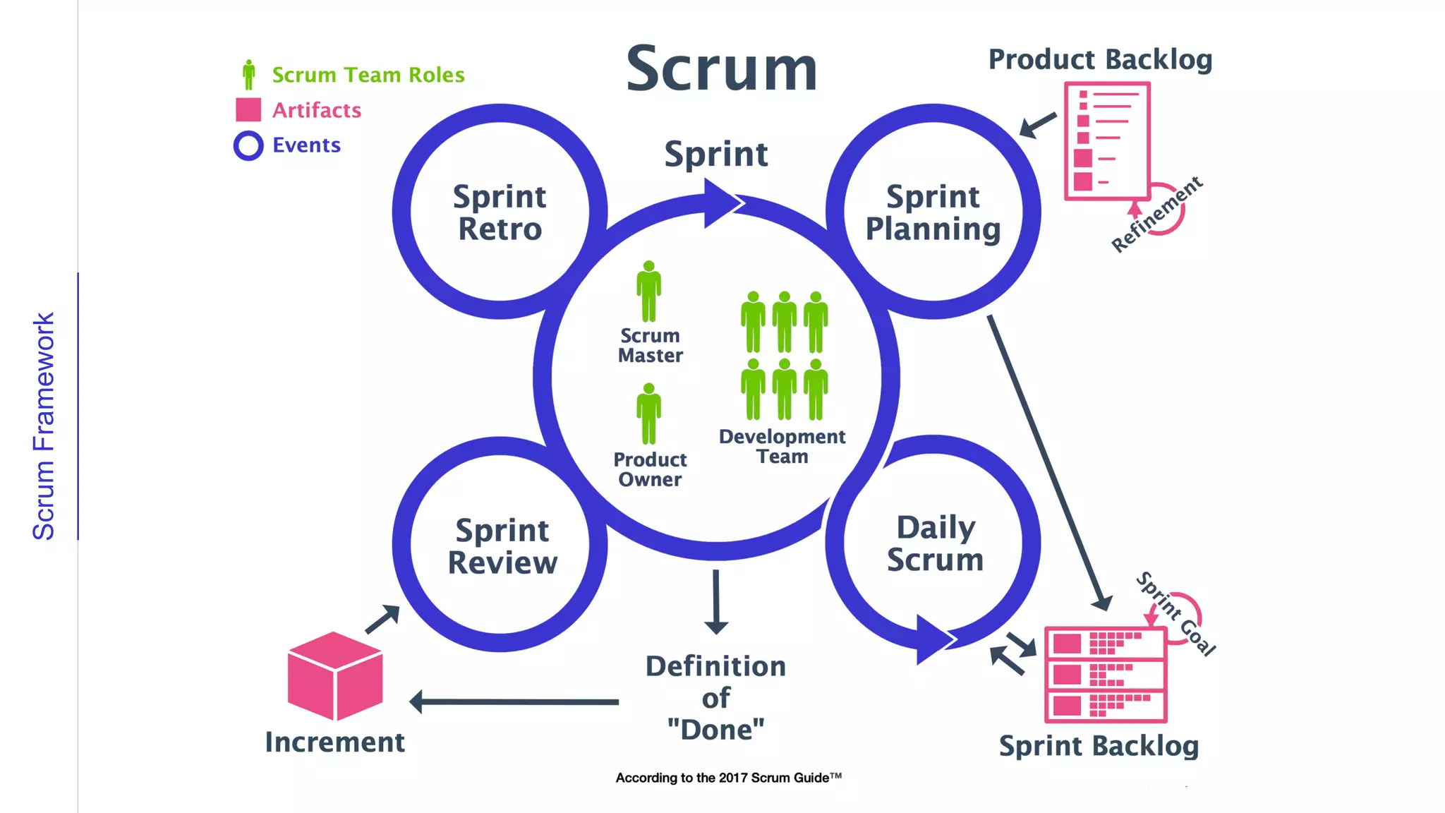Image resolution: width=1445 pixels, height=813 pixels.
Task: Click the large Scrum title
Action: (x=721, y=69)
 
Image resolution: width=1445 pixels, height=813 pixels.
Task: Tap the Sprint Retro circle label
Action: (x=500, y=212)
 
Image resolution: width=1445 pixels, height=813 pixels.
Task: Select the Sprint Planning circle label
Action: (x=933, y=212)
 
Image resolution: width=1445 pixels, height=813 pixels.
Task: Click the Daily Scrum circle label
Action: (x=935, y=543)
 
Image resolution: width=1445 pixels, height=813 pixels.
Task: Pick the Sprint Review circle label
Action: (x=502, y=546)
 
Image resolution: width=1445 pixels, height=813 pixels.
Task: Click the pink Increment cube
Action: (x=335, y=675)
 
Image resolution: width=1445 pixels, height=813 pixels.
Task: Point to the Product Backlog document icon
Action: (x=1106, y=140)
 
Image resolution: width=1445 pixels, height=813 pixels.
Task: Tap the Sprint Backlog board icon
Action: (x=1105, y=674)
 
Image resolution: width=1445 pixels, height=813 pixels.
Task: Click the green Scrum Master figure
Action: (x=648, y=291)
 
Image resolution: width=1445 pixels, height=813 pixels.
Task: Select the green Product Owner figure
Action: (x=648, y=414)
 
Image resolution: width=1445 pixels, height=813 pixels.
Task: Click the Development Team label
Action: (x=782, y=446)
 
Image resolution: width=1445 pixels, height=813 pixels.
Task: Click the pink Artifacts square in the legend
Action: (x=248, y=110)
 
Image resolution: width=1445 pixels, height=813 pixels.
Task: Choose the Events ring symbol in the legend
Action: (x=248, y=145)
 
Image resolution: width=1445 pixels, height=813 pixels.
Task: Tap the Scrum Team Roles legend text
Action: (x=368, y=75)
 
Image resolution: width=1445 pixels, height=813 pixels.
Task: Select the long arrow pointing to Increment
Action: (x=515, y=701)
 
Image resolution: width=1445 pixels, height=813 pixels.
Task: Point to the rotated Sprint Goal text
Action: (x=1176, y=613)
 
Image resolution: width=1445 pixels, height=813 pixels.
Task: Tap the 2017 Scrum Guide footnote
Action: (x=728, y=778)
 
